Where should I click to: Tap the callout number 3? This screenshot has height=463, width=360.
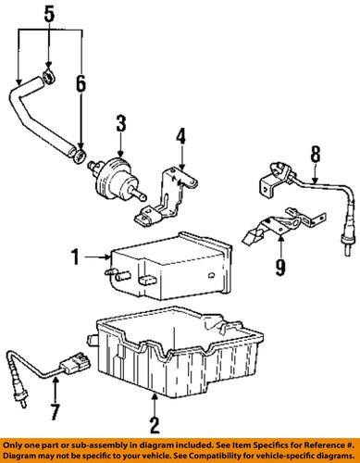120,123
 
